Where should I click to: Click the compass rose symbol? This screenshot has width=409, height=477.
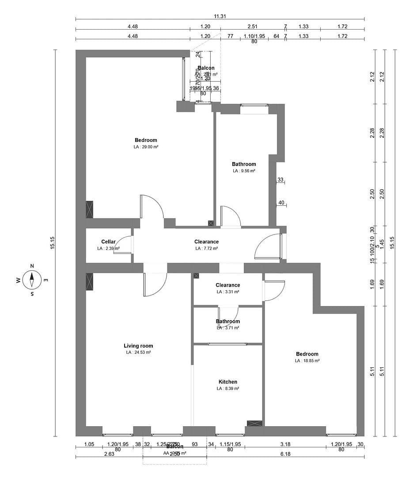[32, 280]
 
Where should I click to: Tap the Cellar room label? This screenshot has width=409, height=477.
[108, 242]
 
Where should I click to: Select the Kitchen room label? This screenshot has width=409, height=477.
[228, 382]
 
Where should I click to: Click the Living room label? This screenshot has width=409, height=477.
[138, 346]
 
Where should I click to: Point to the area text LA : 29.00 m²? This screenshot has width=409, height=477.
[146, 147]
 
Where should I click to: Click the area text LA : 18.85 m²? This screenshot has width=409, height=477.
[307, 360]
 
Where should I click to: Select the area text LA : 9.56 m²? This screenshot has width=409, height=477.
[244, 170]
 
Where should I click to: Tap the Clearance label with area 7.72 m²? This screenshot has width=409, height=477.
[206, 242]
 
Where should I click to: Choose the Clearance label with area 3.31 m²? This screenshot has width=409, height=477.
[228, 285]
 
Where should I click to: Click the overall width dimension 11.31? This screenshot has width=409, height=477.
[220, 16]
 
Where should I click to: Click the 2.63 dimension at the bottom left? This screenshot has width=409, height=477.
[109, 454]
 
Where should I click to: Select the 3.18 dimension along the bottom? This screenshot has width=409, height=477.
[285, 444]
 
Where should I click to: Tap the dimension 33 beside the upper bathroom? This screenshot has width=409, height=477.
[280, 179]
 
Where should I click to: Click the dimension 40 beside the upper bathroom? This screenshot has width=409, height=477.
[281, 203]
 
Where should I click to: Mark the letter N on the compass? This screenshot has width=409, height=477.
[32, 266]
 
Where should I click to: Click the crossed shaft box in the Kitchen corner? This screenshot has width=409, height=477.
[254, 423]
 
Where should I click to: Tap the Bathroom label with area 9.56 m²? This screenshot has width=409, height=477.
[244, 164]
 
